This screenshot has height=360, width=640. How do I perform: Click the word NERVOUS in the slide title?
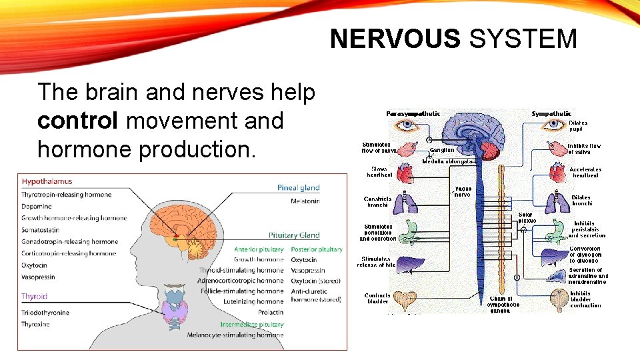coord(395,39)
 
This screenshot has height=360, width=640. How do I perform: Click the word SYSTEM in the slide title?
coord(523,39)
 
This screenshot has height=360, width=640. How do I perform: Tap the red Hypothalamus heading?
coord(47,181)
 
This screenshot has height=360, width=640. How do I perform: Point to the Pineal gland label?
coord(298,188)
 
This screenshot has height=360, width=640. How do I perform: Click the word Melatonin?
coord(305,201)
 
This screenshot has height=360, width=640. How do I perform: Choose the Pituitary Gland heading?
coord(294,235)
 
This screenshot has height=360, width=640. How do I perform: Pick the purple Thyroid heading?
coord(34,296)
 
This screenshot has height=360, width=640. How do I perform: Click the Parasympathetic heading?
coord(413,114)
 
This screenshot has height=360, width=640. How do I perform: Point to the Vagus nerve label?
coord(462,191)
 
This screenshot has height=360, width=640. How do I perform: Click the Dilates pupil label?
coord(578,126)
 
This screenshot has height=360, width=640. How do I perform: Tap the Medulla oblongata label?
coord(449,161)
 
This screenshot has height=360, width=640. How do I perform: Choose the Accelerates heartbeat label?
coord(585,172)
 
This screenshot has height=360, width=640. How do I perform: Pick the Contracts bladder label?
coord(377,298)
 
